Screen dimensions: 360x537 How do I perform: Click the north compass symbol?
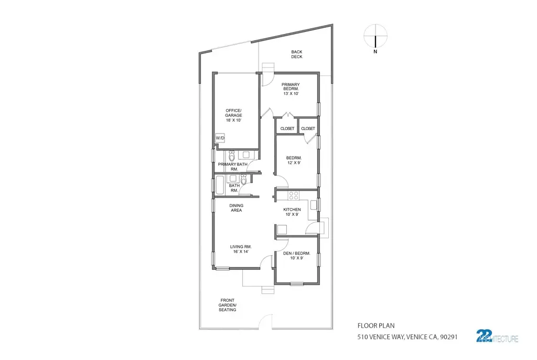(375, 37)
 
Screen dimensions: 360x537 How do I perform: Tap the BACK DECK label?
(297, 54)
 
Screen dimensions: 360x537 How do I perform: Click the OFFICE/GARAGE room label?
(233, 115)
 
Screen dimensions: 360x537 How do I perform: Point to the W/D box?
(220, 138)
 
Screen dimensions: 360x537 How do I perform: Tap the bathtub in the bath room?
(220, 185)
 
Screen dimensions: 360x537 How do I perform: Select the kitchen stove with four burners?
(294, 196)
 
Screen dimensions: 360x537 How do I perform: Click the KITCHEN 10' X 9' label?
(292, 212)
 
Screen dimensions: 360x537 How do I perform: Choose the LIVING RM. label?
(241, 249)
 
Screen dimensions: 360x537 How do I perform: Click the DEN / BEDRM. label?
(296, 256)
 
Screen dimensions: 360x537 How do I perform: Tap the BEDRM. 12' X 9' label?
(293, 160)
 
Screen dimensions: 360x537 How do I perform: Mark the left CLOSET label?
(287, 128)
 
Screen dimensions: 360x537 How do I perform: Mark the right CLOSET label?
(308, 128)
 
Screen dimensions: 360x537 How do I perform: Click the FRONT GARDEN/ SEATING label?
(228, 305)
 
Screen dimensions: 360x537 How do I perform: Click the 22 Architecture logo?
(496, 336)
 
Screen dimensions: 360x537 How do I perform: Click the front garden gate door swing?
(266, 320)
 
